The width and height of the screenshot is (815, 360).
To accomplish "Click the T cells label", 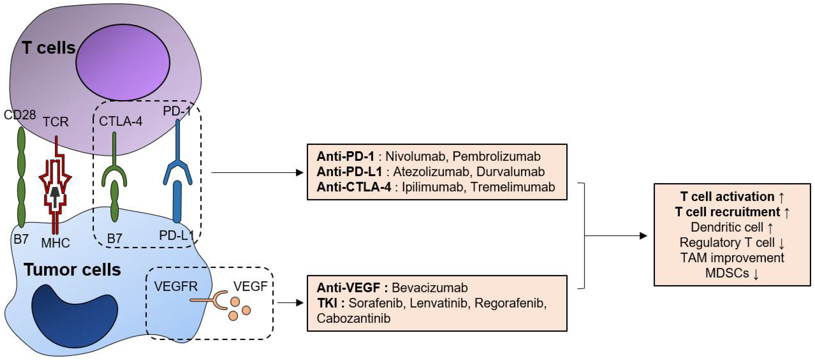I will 49,48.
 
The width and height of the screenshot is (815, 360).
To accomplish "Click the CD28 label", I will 20,115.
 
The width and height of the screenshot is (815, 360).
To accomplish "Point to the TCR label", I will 56,122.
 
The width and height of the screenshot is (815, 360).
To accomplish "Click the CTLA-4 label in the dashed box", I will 121,121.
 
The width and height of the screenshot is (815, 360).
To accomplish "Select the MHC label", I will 56,243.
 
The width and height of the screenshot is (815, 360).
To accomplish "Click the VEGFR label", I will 176,287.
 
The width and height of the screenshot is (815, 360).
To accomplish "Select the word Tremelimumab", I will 513,187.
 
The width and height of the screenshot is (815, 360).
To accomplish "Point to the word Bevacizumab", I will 430,288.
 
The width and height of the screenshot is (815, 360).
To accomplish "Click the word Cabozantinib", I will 353,318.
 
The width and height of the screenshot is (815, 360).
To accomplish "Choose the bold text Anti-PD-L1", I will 349,171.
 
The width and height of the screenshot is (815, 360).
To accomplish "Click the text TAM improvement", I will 732,258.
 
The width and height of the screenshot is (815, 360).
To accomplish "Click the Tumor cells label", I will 72,270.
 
